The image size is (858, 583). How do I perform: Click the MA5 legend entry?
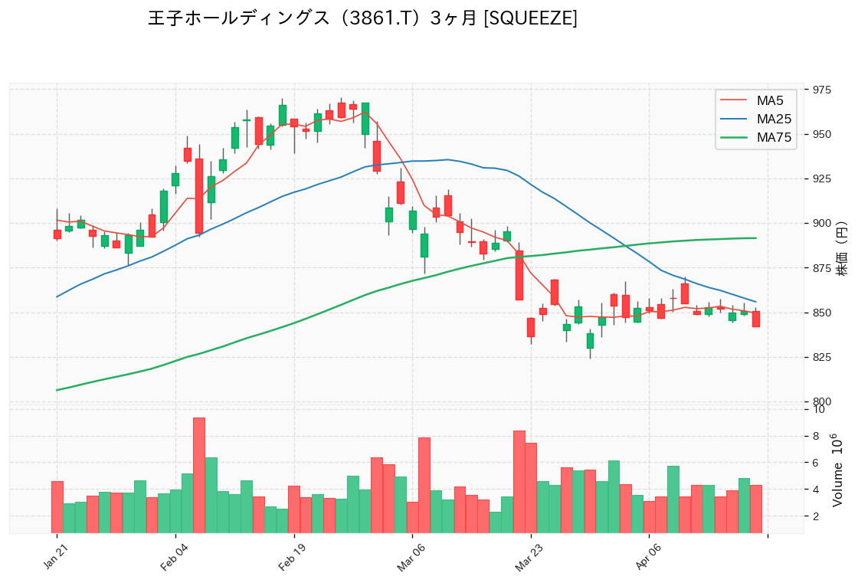tap(770, 100)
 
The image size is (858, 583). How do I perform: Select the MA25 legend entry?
tap(773, 119)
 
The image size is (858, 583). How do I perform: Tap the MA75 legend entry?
tap(773, 138)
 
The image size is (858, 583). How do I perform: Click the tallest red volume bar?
tap(198, 475)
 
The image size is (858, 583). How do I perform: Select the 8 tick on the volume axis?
tap(819, 436)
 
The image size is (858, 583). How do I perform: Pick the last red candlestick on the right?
tap(755, 319)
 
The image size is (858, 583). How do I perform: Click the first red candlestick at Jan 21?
tap(57, 234)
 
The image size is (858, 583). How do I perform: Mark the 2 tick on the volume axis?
tap(819, 516)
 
